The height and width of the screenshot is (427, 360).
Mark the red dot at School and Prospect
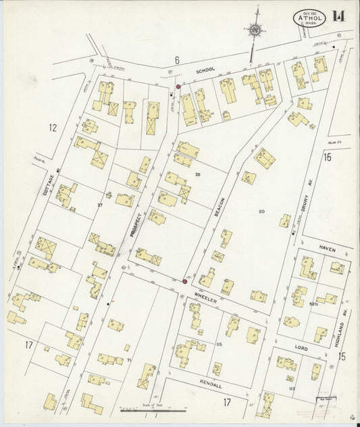(178, 87)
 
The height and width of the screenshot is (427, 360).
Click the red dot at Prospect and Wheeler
(184, 282)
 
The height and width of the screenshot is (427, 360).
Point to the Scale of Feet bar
(153, 409)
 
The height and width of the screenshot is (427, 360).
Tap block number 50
(261, 212)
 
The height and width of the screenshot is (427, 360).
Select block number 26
(198, 175)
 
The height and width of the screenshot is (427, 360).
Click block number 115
(219, 345)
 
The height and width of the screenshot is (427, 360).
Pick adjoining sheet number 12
(52, 127)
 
